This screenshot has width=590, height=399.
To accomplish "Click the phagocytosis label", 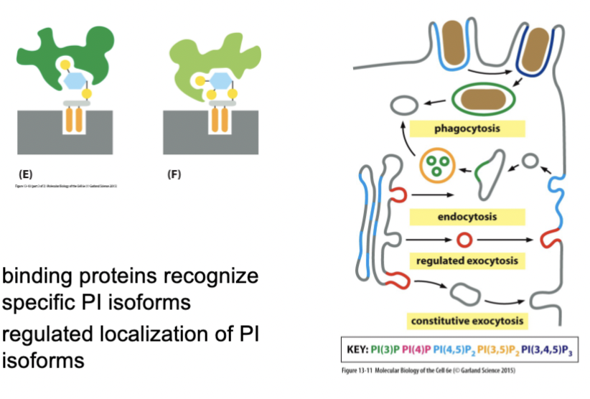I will coord(466,129).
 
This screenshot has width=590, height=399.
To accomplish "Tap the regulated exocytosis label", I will coord(466,260).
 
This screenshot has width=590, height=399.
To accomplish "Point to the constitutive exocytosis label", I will coord(466,320).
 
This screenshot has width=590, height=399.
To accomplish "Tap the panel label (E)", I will coord(24,174).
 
